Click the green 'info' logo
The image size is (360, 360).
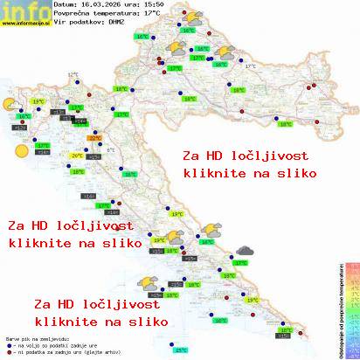[24, 10]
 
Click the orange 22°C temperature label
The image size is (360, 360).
[93, 137]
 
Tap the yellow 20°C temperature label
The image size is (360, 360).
[77, 156]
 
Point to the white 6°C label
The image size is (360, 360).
[110, 149]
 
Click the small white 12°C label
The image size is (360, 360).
[72, 76]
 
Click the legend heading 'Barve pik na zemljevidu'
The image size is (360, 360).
[35, 335]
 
